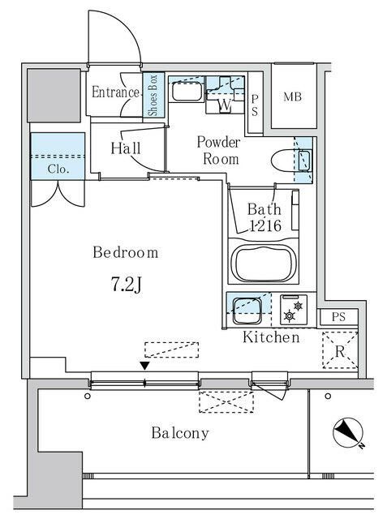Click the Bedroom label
click(x=126, y=252)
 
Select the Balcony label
click(x=180, y=433)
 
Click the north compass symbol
click(x=348, y=433)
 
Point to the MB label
click(x=293, y=97)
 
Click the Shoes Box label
click(x=153, y=95)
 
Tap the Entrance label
click(x=115, y=92)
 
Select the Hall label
click(x=126, y=148)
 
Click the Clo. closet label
click(x=58, y=169)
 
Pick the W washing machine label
click(x=225, y=105)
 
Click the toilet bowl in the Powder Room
click(x=284, y=161)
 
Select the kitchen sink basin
click(x=247, y=311)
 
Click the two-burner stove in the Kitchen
click(x=294, y=310)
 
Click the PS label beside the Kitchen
click(x=338, y=317)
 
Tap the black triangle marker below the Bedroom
click(x=144, y=366)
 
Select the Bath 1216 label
click(x=264, y=217)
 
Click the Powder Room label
click(x=219, y=150)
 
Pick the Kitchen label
click(x=271, y=337)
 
